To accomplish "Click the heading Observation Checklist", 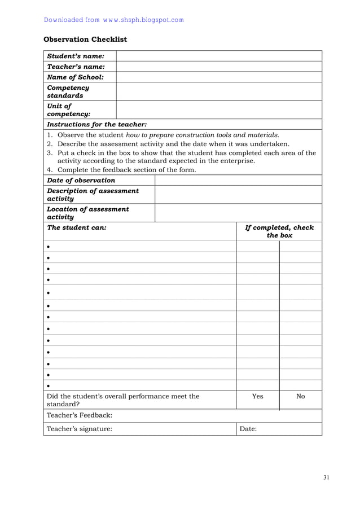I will coord(85,40).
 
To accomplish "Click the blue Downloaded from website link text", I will coord(113,20).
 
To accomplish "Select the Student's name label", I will coord(76,56).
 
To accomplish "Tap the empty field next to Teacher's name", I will coord(219,67).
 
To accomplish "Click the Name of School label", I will coord(75,77).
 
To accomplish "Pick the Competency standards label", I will coord(68,91).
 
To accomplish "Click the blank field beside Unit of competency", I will coord(219,109).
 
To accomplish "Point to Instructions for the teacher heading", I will coord(96,124).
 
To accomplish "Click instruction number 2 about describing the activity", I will coord(173,144).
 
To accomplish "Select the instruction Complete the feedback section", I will coord(126,170).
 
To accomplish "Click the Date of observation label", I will coord(81,180).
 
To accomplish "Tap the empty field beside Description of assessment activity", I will coord(238,195).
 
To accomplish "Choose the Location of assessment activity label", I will coord(87,213).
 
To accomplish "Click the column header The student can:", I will coord(76,227).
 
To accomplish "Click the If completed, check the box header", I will coord(279,231).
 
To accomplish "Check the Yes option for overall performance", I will coord(257,396).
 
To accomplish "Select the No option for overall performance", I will coord(300,396).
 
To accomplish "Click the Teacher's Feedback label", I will coord(79,415).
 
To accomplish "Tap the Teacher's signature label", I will coord(79,429).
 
